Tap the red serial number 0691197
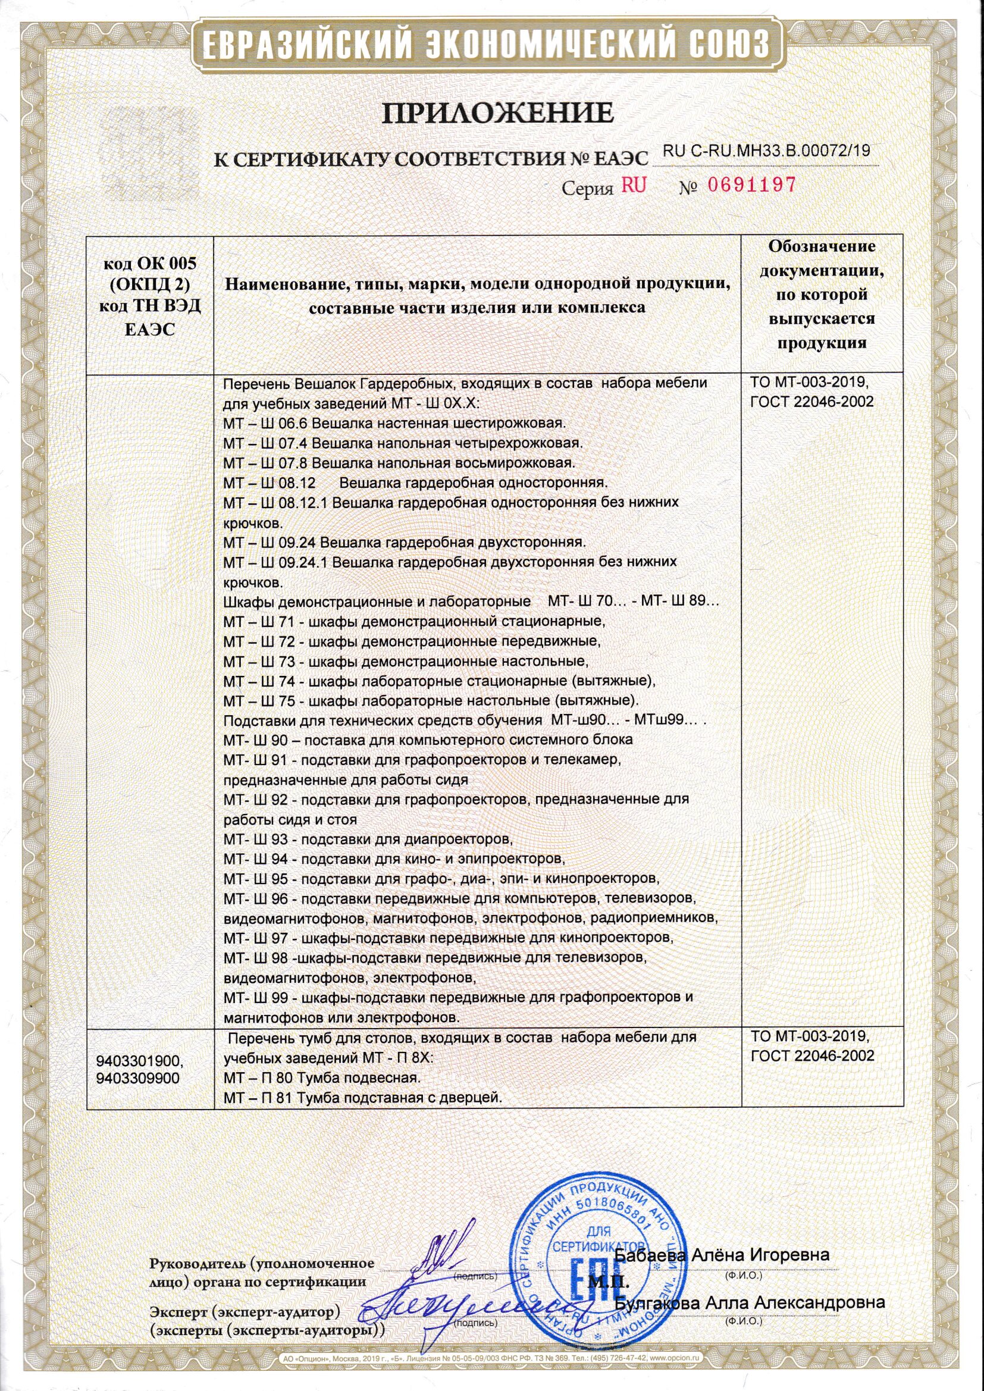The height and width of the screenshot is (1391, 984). click(x=751, y=186)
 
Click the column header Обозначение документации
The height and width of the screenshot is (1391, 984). click(x=822, y=295)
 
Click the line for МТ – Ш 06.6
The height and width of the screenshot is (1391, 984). click(x=394, y=422)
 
